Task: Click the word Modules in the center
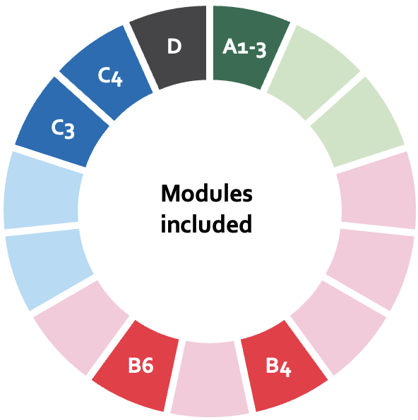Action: (x=207, y=193)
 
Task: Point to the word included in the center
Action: (x=206, y=223)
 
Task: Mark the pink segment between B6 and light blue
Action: (x=80, y=327)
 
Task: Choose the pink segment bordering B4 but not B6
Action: (x=339, y=327)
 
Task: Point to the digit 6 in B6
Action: (x=147, y=365)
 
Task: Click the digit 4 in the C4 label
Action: (x=117, y=79)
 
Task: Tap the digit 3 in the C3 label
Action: (x=69, y=131)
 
